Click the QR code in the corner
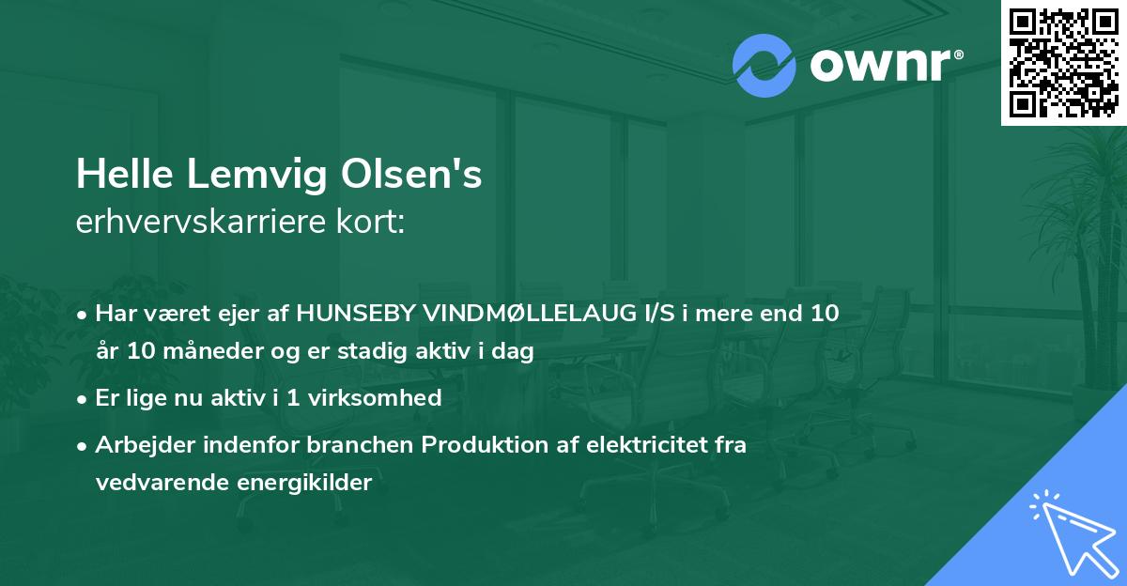[x=1063, y=63]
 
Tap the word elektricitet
[x=642, y=444]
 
